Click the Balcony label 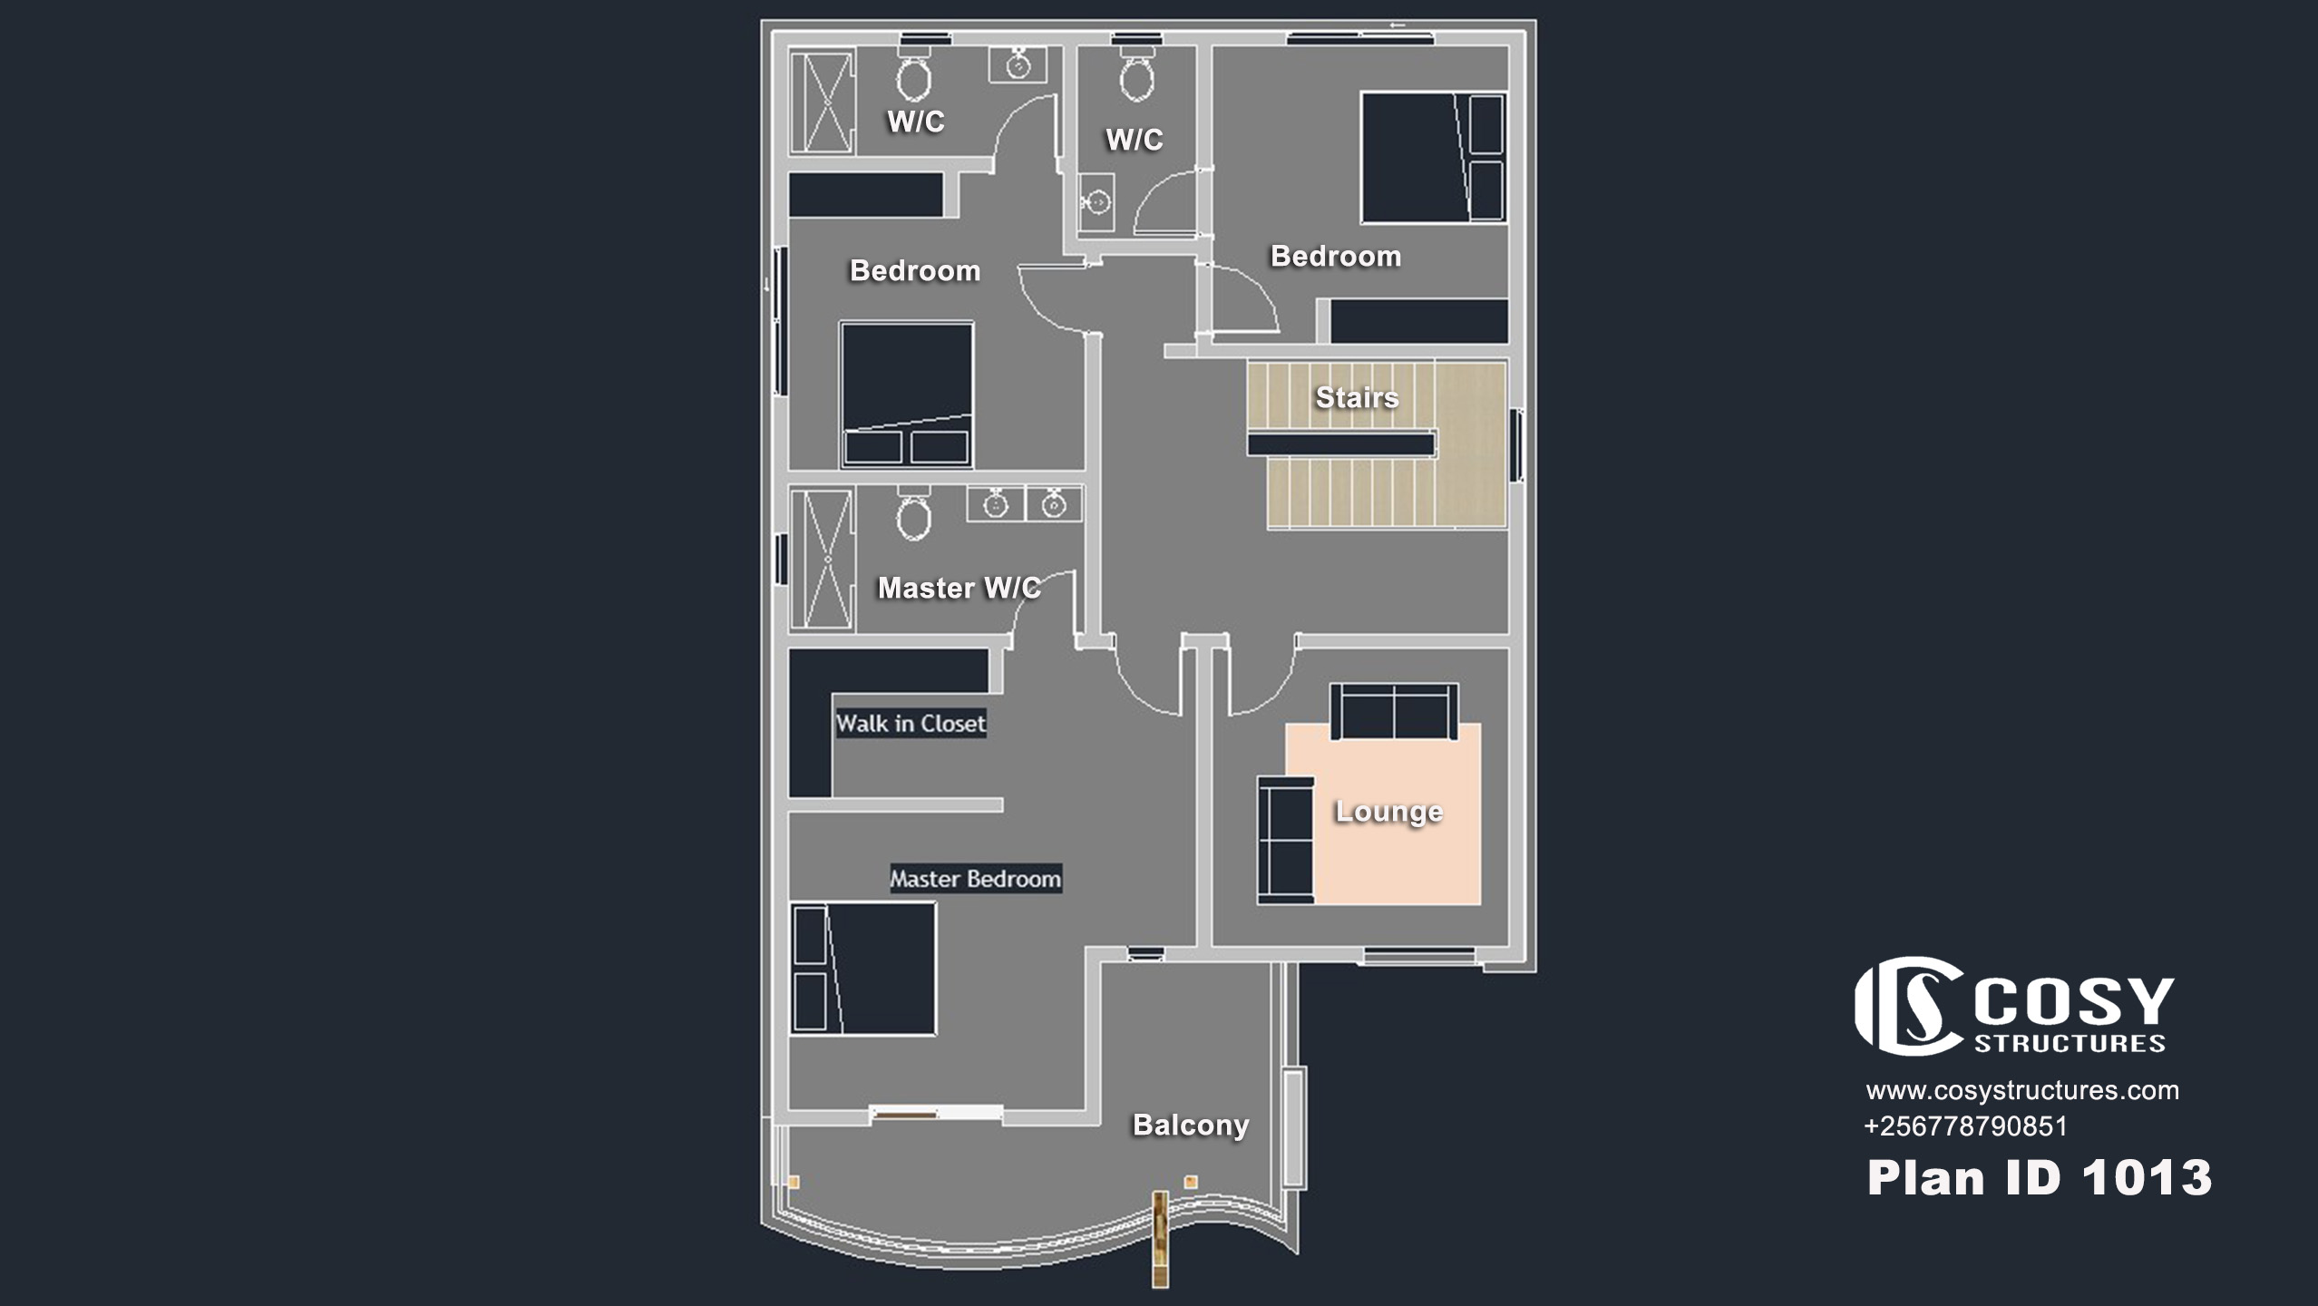[x=1191, y=1125]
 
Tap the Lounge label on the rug [x=1388, y=812]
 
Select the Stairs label [x=1357, y=397]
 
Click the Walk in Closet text [x=911, y=724]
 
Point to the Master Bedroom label [x=975, y=879]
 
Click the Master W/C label [x=959, y=588]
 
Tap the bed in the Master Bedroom [x=862, y=969]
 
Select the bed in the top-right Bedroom [x=1433, y=157]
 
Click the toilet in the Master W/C [x=913, y=513]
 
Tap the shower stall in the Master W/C [x=822, y=559]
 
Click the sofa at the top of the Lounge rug [x=1394, y=712]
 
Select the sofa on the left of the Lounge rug [x=1286, y=840]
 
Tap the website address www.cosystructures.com [x=2022, y=1090]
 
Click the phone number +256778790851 [x=1965, y=1126]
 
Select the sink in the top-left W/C [x=1018, y=65]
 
